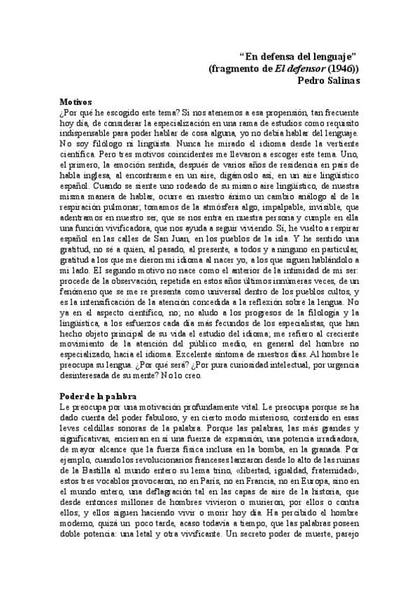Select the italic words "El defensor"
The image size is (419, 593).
(x=293, y=68)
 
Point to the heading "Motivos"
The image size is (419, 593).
(x=77, y=101)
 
